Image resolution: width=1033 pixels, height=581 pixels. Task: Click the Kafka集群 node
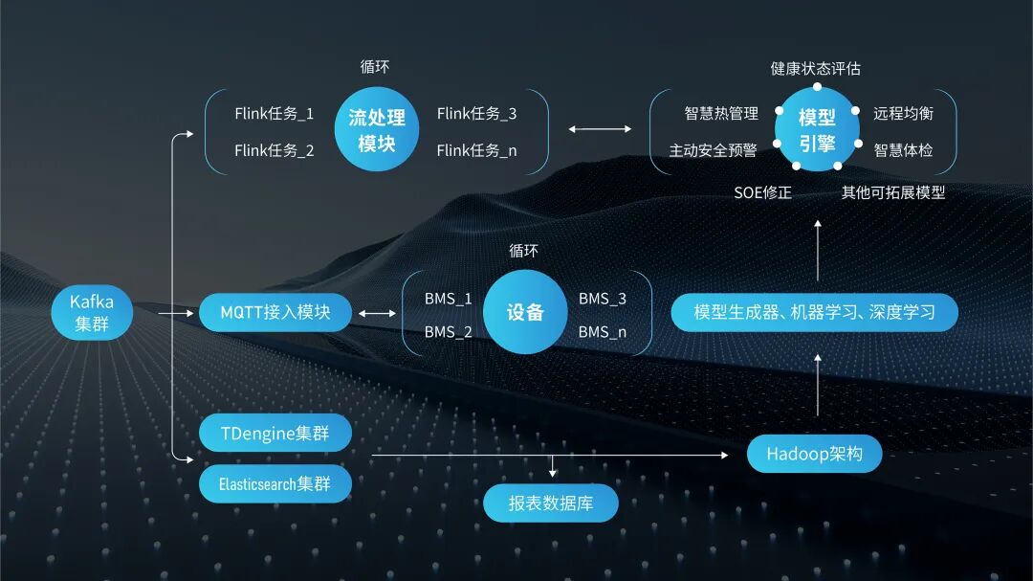click(x=91, y=313)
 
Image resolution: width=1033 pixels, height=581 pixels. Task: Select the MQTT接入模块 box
click(x=275, y=313)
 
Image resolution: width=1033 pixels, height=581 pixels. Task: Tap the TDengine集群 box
click(x=275, y=434)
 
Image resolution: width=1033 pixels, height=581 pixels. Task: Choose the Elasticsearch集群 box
click(x=275, y=483)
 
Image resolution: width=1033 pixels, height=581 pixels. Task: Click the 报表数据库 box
click(x=551, y=503)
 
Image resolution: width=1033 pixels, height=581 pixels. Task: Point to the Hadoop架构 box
click(x=814, y=454)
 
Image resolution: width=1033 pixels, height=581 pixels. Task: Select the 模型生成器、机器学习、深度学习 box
click(x=814, y=313)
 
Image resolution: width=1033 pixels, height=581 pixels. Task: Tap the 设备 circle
click(x=525, y=313)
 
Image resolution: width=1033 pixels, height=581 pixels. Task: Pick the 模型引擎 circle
click(x=817, y=130)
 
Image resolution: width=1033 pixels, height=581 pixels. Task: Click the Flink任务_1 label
click(x=275, y=113)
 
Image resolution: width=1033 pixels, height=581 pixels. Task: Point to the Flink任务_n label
click(x=477, y=150)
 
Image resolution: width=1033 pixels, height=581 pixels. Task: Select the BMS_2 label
click(x=449, y=332)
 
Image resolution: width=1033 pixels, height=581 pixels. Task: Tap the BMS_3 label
click(x=603, y=299)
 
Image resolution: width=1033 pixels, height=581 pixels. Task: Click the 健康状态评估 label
click(x=816, y=69)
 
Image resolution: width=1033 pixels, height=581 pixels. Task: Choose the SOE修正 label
click(x=763, y=192)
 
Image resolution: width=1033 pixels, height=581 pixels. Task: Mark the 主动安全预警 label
click(x=713, y=150)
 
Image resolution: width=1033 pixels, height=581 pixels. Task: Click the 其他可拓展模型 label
click(x=893, y=192)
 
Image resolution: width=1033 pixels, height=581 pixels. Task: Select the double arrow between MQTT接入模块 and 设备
click(x=377, y=313)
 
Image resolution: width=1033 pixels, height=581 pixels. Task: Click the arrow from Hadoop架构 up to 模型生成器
click(x=818, y=384)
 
